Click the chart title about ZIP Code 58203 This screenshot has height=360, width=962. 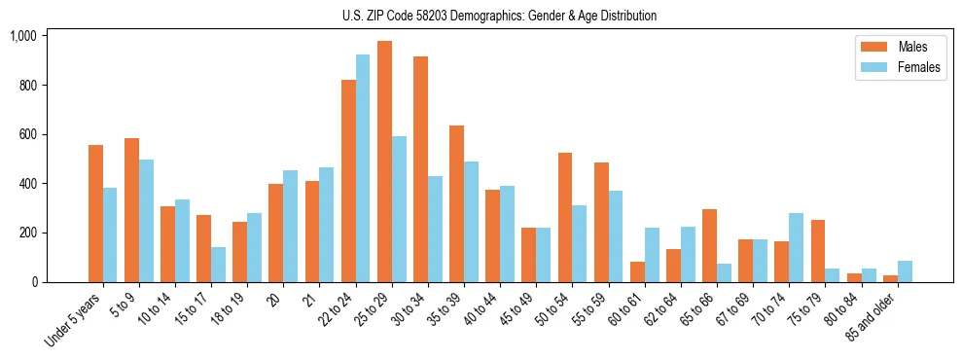(x=499, y=16)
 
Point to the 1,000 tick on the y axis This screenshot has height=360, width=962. (x=22, y=36)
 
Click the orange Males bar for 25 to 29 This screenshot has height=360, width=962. (x=384, y=162)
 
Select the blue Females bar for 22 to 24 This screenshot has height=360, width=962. (x=363, y=168)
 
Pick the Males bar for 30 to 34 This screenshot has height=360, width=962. (x=420, y=169)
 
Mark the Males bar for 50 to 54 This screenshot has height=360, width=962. (x=565, y=217)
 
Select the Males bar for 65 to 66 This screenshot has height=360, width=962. (x=709, y=245)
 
